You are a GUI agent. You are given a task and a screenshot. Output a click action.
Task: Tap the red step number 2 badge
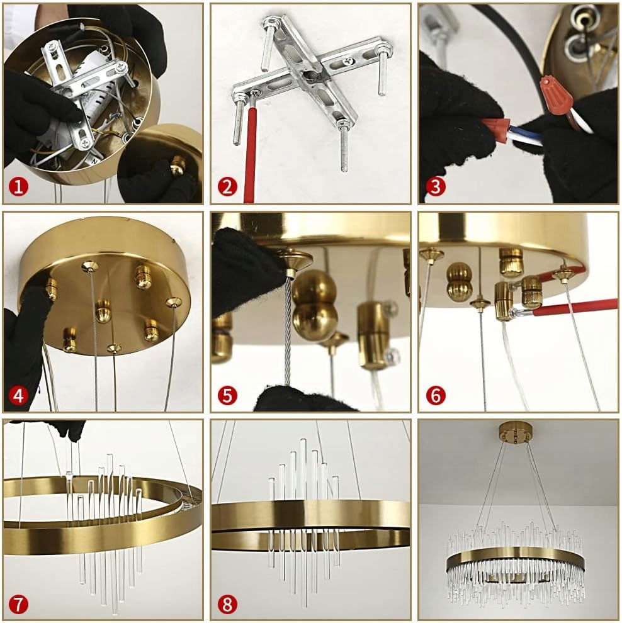(227, 186)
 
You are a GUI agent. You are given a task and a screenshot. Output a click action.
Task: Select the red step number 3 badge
(436, 186)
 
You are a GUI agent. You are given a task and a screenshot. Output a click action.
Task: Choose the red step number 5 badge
(227, 395)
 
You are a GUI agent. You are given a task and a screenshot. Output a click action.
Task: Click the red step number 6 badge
(436, 395)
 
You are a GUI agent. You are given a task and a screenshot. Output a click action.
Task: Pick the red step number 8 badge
(227, 604)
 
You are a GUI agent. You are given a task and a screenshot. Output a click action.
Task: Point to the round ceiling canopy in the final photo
(515, 432)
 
